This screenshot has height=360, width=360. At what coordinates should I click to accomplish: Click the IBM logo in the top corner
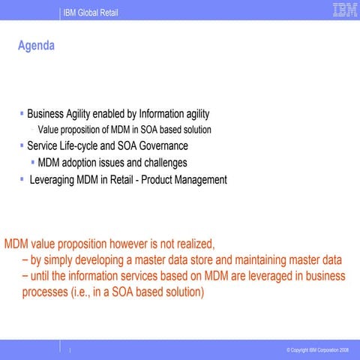[344, 10]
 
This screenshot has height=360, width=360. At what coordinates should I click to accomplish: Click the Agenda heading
[36, 46]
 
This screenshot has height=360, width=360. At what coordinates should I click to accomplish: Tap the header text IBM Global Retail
[91, 13]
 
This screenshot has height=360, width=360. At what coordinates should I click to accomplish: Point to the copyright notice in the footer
[317, 350]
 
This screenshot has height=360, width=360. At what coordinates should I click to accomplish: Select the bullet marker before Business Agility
[22, 114]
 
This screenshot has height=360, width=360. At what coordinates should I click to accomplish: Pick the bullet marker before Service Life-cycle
[22, 145]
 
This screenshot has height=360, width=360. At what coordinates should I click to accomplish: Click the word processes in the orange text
[45, 293]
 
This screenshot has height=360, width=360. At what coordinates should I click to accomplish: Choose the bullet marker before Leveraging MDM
[22, 180]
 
